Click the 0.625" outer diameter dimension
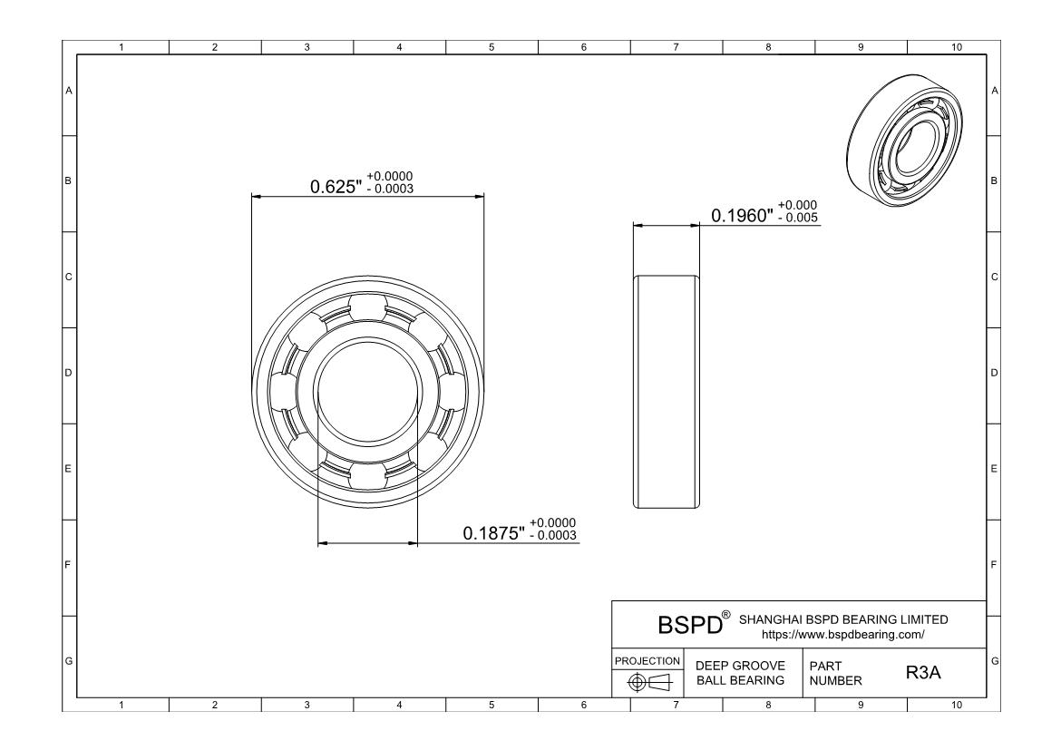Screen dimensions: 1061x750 coord(336,186)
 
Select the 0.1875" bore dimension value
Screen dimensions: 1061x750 coord(494,533)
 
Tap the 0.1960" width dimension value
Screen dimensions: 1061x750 coord(742,215)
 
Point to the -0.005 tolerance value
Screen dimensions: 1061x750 coord(798,218)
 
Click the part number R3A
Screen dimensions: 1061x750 coord(923,673)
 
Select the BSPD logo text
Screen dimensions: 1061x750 coord(690,625)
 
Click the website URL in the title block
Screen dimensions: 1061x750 coord(843,635)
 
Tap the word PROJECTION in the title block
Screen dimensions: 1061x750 coord(647,660)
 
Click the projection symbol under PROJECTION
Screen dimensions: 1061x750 coord(649,683)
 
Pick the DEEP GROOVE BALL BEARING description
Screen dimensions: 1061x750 coord(740,673)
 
